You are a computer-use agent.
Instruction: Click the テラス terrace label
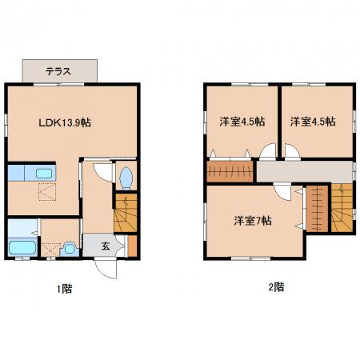point(58,71)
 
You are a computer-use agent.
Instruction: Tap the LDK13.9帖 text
point(65,122)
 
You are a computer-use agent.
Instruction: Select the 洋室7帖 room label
point(253,221)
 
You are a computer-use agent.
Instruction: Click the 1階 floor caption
point(65,289)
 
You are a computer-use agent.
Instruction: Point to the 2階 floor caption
point(276,287)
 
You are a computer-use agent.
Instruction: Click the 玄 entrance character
point(106,246)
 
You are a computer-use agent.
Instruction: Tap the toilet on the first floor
point(126,178)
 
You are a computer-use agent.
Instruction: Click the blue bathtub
point(22,248)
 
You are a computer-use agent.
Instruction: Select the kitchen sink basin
point(44,174)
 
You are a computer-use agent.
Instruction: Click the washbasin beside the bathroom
point(70,249)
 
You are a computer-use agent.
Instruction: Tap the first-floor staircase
point(126,213)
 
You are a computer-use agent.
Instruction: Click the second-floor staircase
point(342,208)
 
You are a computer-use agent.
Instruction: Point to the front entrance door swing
point(106,269)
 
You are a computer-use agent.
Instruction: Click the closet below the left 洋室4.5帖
point(230,171)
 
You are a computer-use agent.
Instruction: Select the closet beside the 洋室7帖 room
point(317,209)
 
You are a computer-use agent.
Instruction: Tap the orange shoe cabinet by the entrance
point(132,246)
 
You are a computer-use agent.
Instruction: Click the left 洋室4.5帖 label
point(242,122)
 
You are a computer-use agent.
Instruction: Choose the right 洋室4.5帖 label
point(313,122)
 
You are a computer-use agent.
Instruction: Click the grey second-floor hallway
point(304,171)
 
